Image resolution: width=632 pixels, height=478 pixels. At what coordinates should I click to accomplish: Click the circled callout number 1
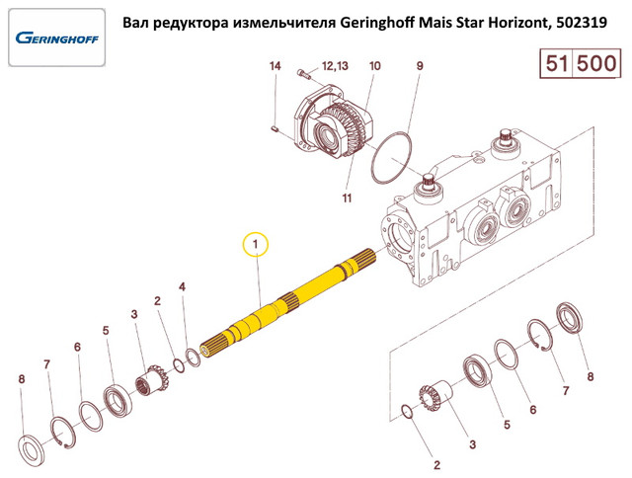coord(255,244)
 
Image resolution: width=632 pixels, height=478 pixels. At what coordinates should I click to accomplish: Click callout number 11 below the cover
coord(347,199)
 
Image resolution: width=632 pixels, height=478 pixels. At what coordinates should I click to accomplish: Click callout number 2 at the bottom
coord(437,460)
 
